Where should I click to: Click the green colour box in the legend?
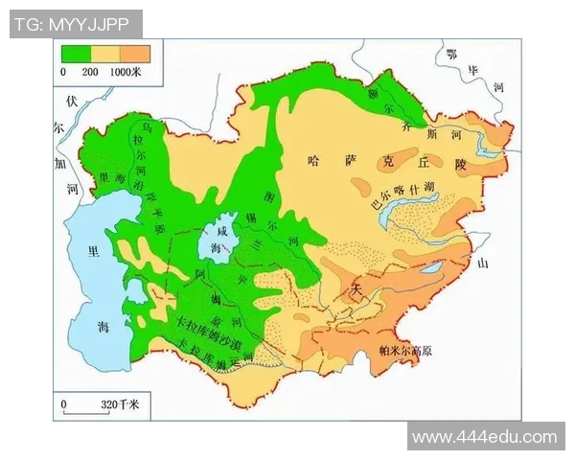[77, 55]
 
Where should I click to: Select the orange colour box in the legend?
[135, 55]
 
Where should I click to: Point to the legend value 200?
[91, 72]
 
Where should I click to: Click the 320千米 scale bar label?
[120, 405]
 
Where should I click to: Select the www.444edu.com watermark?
[484, 437]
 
